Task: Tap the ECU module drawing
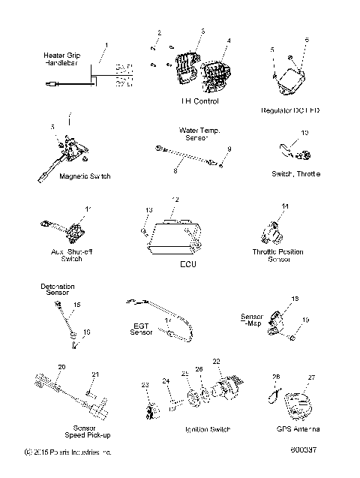pyautogui.click(x=174, y=241)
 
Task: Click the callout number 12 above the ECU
pyautogui.click(x=175, y=200)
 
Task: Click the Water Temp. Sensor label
pyautogui.click(x=199, y=134)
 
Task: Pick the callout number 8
pyautogui.click(x=175, y=171)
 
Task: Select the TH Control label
pyautogui.click(x=199, y=101)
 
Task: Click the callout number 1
pyautogui.click(x=106, y=45)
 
